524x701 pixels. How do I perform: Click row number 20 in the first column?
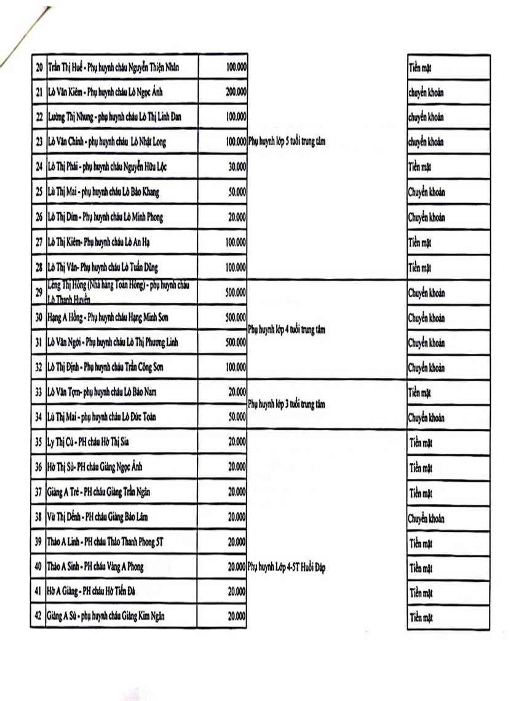(x=39, y=66)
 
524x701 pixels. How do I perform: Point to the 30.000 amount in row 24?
(x=237, y=167)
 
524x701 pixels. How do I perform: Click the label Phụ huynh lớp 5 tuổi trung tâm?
(x=286, y=142)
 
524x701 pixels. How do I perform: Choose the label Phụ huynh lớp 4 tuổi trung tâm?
(x=286, y=329)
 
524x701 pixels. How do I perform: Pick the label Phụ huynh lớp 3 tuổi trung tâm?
(x=286, y=404)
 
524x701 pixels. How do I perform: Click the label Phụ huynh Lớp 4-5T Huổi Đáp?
(x=286, y=567)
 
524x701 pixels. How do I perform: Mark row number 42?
(x=39, y=616)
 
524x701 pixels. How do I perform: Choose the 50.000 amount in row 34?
(x=237, y=417)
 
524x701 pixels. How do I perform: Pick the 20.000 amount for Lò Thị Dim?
(x=237, y=217)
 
